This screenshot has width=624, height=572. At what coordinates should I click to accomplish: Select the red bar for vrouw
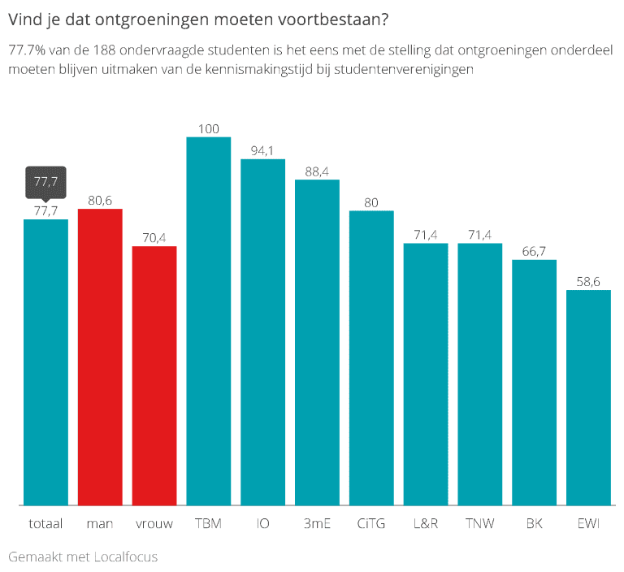coord(154,375)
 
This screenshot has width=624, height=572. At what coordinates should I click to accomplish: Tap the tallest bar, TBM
coord(209,320)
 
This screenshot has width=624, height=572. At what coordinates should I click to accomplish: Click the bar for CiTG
coord(371,357)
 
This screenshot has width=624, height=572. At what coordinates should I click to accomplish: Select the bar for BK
coord(534,382)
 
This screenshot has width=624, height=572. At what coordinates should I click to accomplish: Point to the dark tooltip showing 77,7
coord(45,181)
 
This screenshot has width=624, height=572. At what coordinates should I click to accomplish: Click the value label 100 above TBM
coord(209,128)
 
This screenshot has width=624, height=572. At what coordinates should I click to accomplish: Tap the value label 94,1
coord(263,150)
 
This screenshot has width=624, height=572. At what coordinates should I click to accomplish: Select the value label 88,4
coord(317,171)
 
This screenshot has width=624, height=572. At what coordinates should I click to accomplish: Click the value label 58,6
coord(588,281)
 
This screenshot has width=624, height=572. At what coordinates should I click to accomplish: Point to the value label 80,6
coord(100,200)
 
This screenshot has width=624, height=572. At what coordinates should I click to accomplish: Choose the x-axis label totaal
coord(45,524)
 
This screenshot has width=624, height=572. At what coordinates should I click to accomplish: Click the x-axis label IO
coord(263,524)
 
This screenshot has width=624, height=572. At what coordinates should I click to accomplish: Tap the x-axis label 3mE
coord(317,524)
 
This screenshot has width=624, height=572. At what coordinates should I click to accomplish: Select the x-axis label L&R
coord(426,524)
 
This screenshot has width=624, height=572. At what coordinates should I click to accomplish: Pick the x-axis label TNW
coord(479,524)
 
